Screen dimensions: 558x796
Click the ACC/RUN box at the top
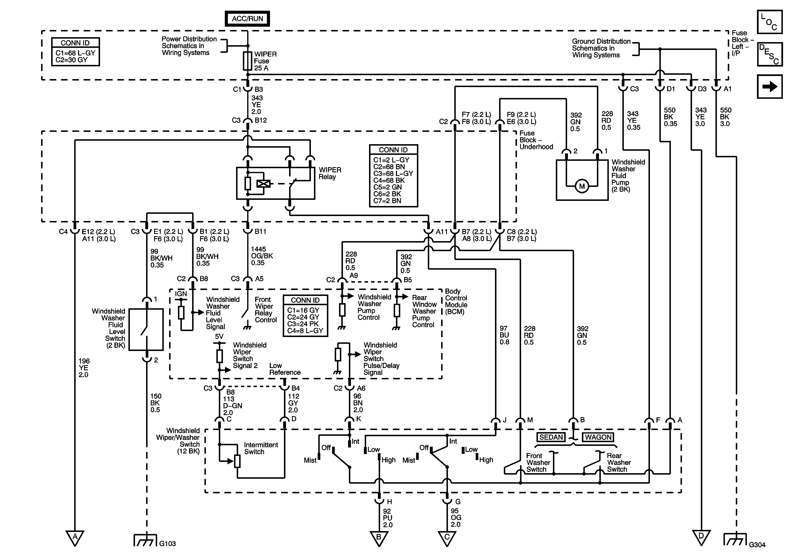click(247, 19)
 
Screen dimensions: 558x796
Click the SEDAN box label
click(551, 437)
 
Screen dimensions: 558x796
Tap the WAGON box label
click(598, 437)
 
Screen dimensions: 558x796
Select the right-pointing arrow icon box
click(770, 86)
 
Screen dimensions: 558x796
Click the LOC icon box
click(770, 22)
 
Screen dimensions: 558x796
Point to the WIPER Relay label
click(330, 173)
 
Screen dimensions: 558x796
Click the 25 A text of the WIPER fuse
click(261, 68)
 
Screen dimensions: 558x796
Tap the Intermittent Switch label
click(261, 448)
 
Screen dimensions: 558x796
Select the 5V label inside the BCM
click(219, 336)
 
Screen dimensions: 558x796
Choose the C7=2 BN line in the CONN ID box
click(387, 201)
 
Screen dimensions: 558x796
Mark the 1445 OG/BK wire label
click(262, 256)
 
